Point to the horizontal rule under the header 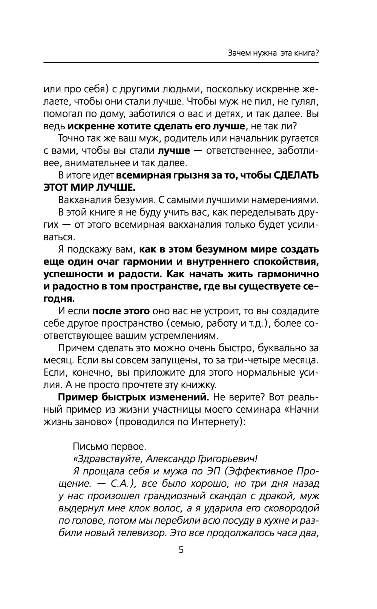coord(181,63)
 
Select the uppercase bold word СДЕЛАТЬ coord(295,176)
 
